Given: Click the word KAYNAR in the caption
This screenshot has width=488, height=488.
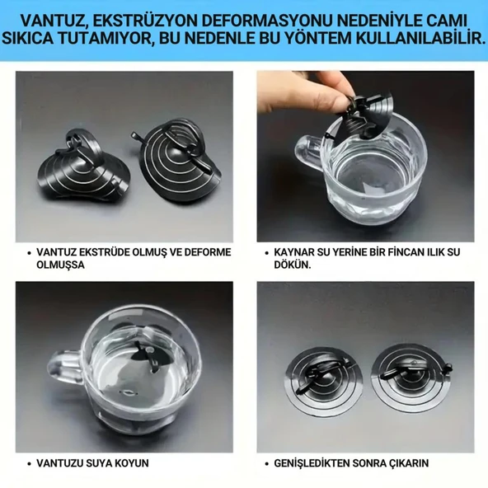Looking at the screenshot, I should point(298,252).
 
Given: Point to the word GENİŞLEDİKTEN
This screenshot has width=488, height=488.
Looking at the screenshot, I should point(319,463).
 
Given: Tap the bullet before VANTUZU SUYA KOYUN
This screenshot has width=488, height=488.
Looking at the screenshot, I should point(29,463).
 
